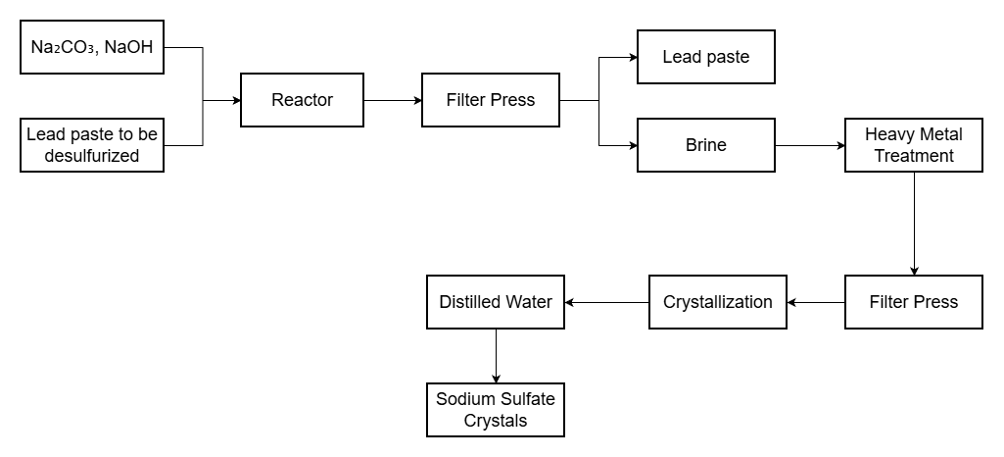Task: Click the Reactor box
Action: [x=302, y=100]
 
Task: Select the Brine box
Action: [x=705, y=145]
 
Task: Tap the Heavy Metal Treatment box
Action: [x=913, y=145]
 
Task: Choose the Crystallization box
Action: [x=718, y=302]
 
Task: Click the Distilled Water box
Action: [x=496, y=302]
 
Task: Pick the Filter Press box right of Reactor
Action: [x=490, y=100]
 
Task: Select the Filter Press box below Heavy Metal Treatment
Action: [x=913, y=302]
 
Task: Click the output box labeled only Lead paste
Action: [x=705, y=57]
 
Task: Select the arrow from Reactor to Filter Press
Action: [x=392, y=100]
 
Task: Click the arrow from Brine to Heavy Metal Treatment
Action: [x=810, y=145]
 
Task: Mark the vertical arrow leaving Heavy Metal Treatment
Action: [x=913, y=224]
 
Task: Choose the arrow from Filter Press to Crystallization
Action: [x=816, y=302]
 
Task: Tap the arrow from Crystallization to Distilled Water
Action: [x=607, y=302]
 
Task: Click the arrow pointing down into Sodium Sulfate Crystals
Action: [x=496, y=356]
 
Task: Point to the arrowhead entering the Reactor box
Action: [x=236, y=100]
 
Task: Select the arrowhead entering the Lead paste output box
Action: [x=632, y=57]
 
